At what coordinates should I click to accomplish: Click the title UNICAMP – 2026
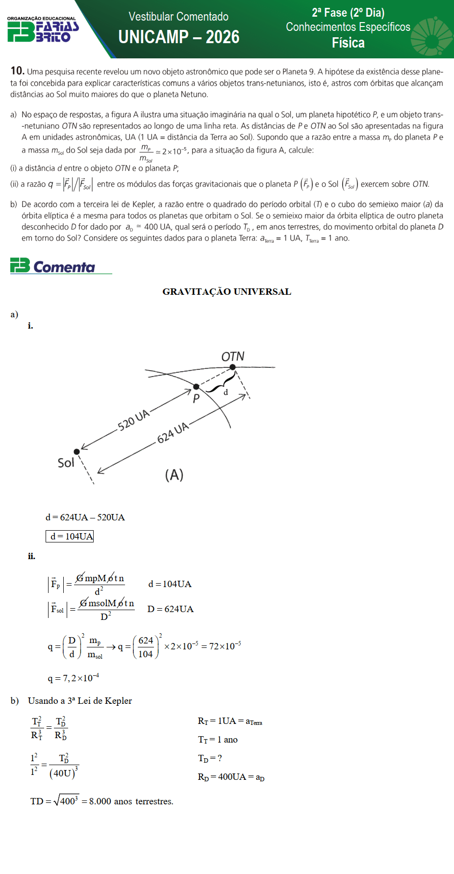click(x=178, y=37)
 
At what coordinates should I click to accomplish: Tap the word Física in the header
click(x=348, y=43)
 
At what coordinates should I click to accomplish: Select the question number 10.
click(x=17, y=71)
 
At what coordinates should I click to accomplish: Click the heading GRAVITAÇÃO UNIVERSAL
click(x=227, y=292)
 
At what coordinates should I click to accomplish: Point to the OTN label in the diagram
click(x=233, y=357)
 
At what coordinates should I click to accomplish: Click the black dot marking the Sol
click(x=76, y=452)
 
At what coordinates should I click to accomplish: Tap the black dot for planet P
click(x=196, y=386)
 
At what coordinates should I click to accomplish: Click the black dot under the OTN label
click(x=232, y=367)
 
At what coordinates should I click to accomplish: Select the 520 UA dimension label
click(x=133, y=420)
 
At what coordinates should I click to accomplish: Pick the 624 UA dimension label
click(x=173, y=432)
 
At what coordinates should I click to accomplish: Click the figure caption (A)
click(x=174, y=475)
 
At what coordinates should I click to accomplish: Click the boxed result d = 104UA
click(x=70, y=536)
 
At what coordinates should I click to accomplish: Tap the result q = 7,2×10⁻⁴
click(x=74, y=678)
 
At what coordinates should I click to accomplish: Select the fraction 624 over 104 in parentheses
click(x=146, y=647)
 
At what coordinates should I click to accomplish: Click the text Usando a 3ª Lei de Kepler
click(x=79, y=701)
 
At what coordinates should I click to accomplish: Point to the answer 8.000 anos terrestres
click(x=131, y=801)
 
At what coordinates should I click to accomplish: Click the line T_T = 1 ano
click(x=218, y=740)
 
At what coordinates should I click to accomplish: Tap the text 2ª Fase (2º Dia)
click(x=348, y=13)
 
